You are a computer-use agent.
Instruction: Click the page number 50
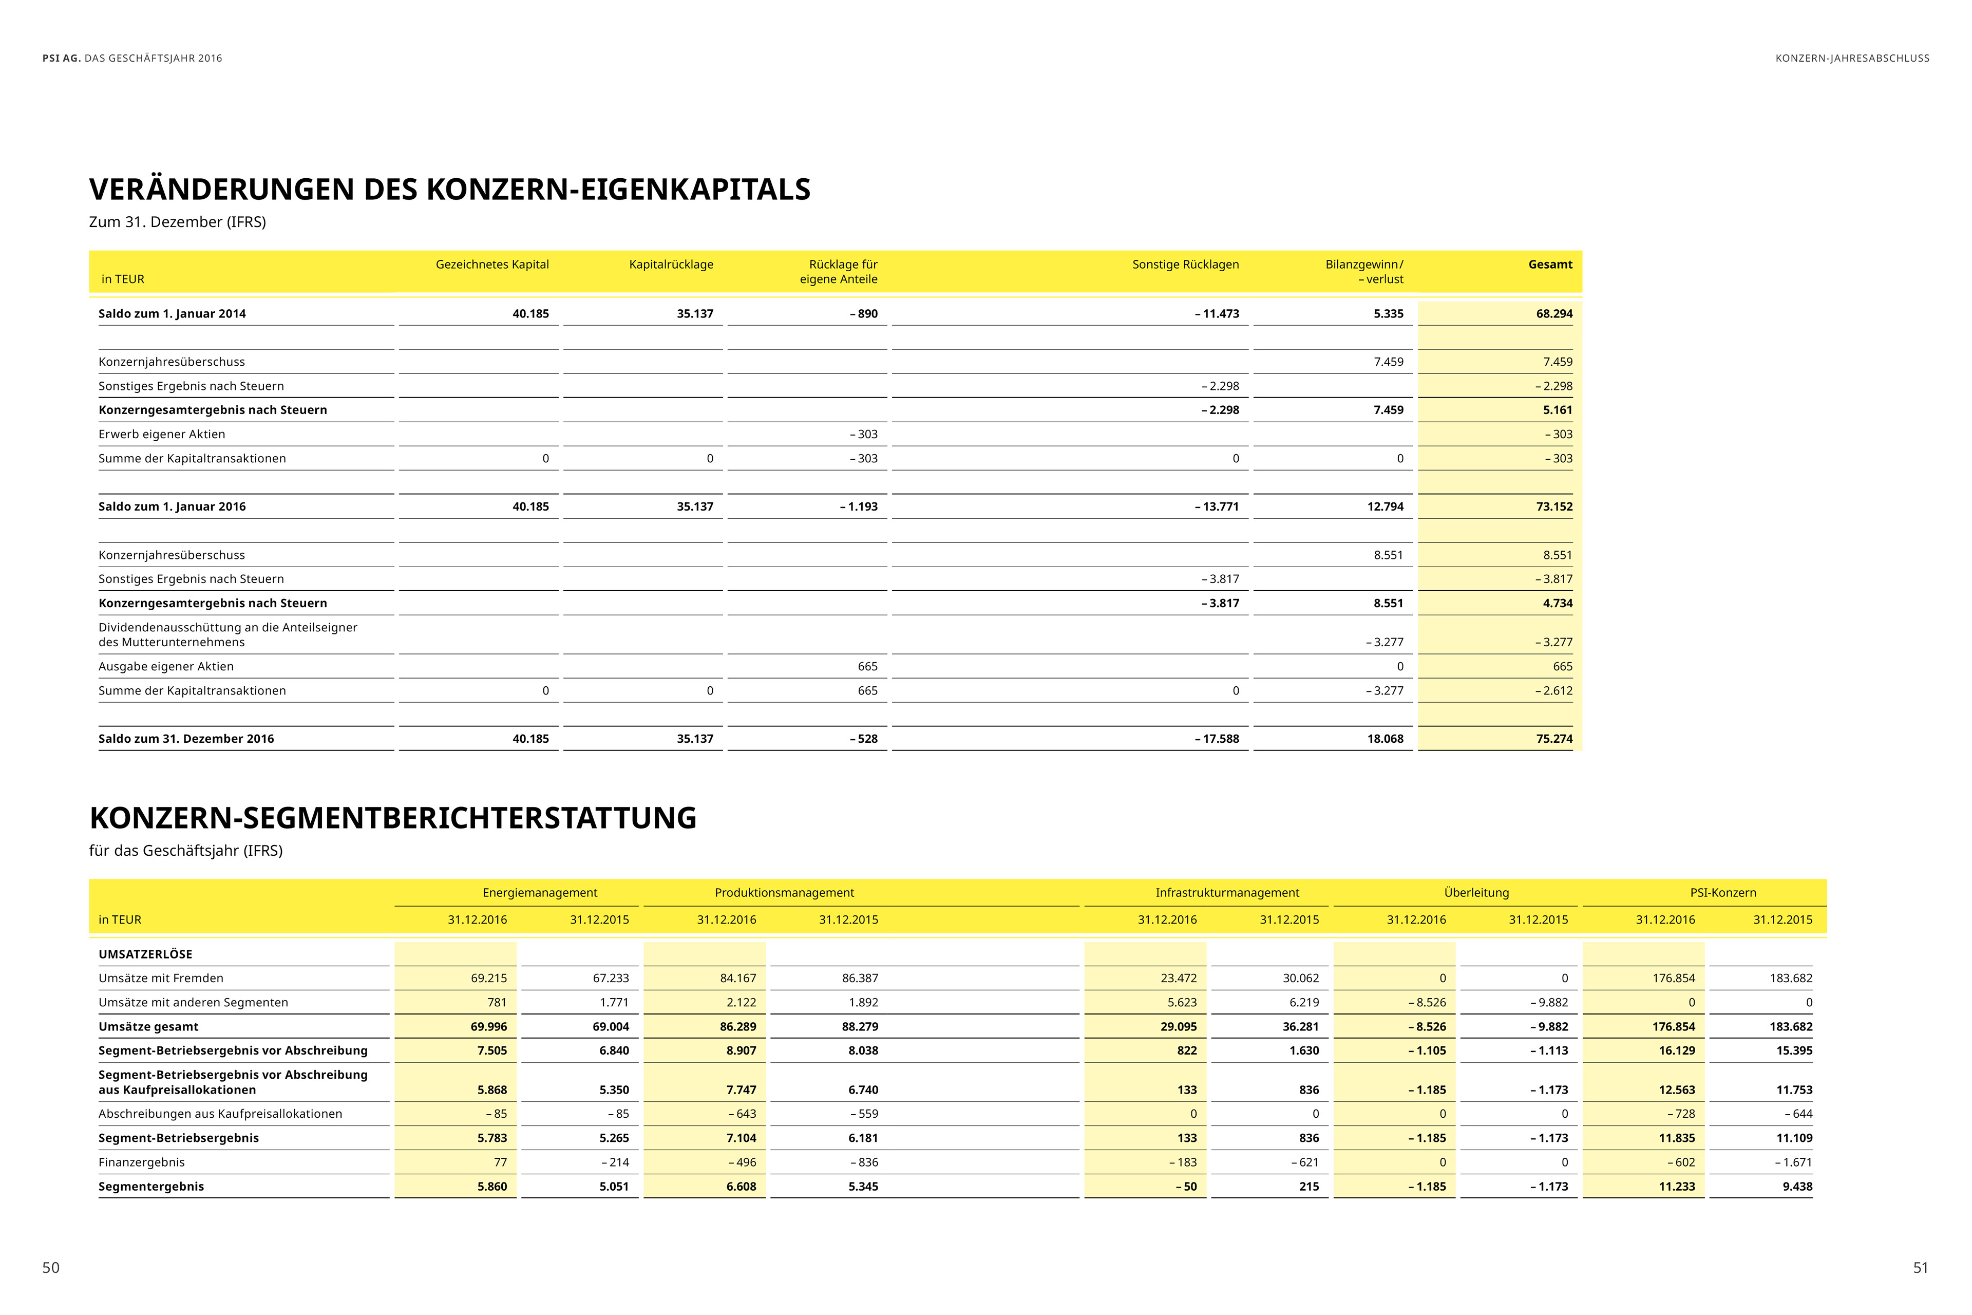point(51,1267)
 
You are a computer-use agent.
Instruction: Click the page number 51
point(1920,1267)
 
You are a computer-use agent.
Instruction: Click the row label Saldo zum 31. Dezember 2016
point(186,739)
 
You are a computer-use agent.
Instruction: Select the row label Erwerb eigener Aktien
point(162,435)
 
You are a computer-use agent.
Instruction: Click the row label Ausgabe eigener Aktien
point(166,667)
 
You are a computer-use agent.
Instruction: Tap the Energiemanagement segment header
point(540,892)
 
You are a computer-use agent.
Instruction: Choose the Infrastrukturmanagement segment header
point(1227,892)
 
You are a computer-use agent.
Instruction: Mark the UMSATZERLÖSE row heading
point(145,954)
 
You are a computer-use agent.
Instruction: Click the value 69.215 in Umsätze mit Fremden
point(489,979)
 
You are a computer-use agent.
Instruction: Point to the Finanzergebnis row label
point(142,1162)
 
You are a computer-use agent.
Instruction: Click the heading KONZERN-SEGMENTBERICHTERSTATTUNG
point(392,818)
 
